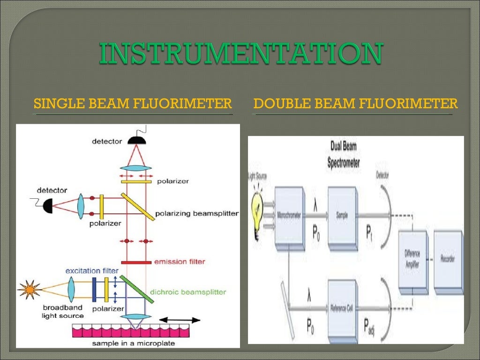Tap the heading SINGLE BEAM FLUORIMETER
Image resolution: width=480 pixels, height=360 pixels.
coord(133,103)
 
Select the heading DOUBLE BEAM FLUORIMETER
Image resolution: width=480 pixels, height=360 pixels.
coord(355,103)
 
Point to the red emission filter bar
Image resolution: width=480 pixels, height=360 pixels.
coord(136,262)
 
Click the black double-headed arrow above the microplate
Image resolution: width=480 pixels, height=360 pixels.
coord(180,320)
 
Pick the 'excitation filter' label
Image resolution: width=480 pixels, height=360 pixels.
coord(92,271)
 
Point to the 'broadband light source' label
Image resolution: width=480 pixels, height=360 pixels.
coord(62,312)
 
